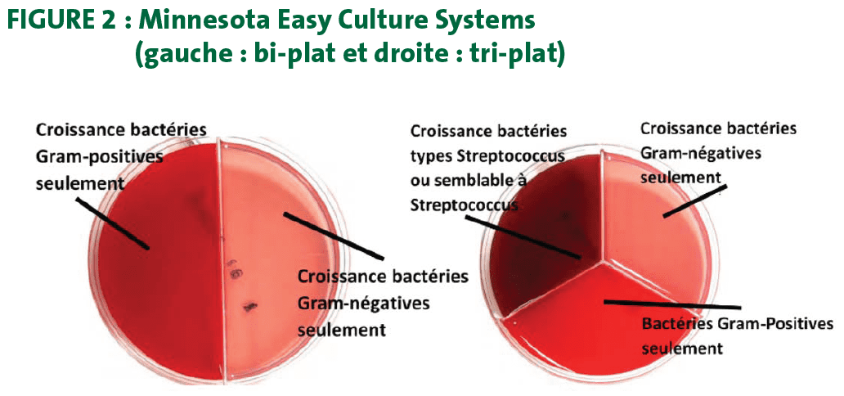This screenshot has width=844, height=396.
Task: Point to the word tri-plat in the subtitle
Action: point(518,56)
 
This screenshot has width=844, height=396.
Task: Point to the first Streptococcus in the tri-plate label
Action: point(512,157)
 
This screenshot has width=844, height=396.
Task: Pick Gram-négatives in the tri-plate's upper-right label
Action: point(700,154)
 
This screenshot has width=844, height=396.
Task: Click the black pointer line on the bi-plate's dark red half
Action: point(112,223)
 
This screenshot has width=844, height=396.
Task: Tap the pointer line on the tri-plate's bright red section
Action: point(673,304)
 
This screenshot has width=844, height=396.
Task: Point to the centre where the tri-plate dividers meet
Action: point(602,261)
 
